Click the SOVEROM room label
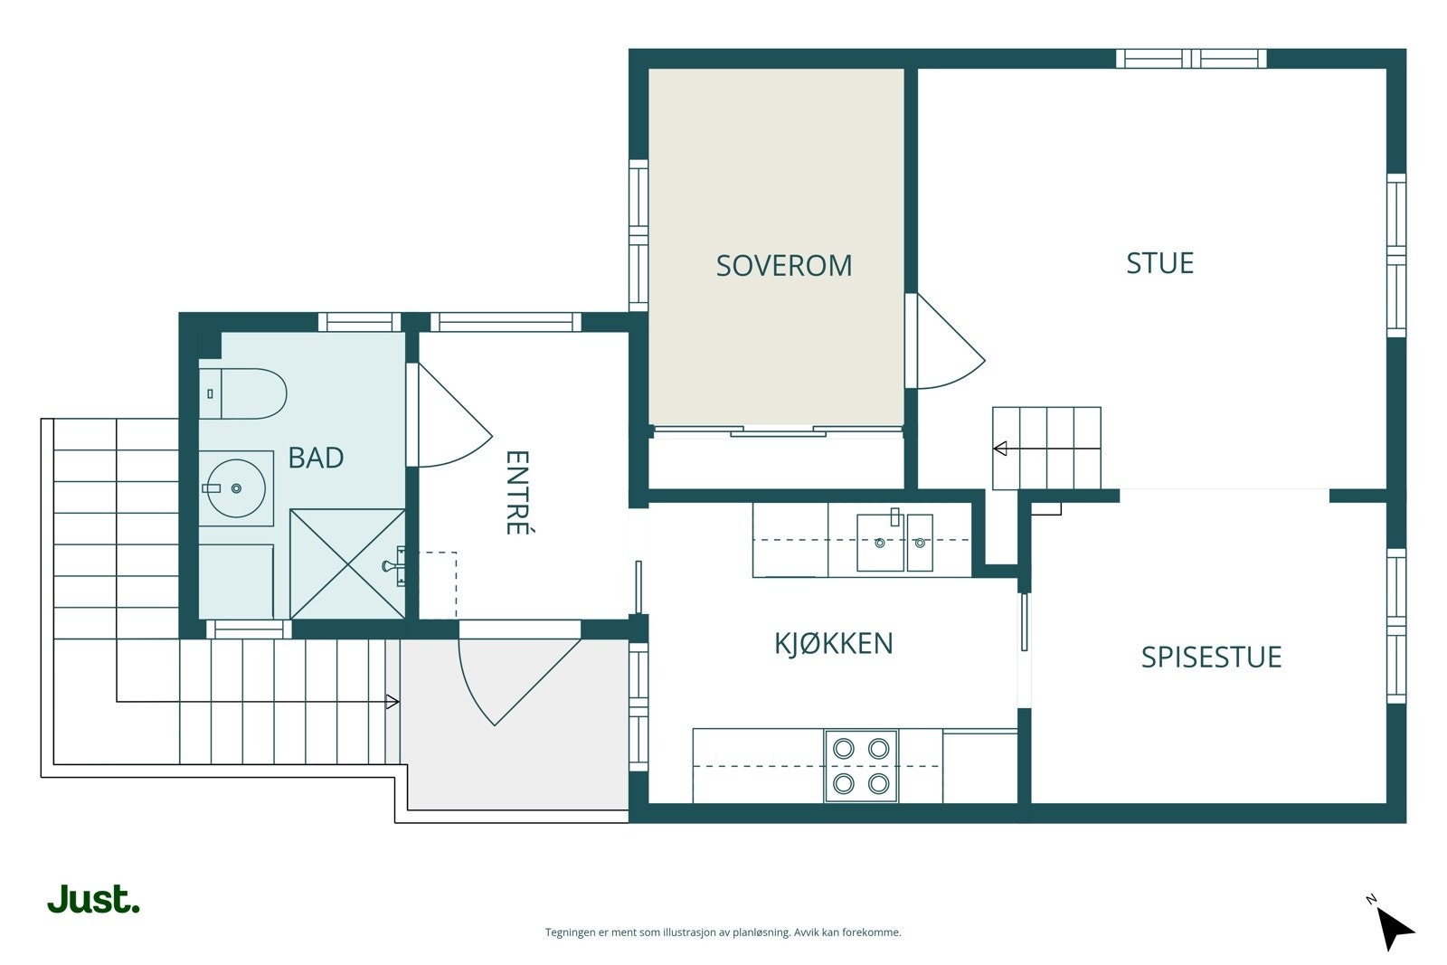tap(783, 266)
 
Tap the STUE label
tap(1159, 263)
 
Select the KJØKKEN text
tap(833, 643)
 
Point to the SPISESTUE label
tap(1211, 657)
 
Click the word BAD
tap(316, 458)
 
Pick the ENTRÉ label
tap(516, 492)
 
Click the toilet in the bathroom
tap(243, 393)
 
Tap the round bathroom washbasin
tap(236, 488)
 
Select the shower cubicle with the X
tap(347, 564)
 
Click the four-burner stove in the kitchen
tap(860, 766)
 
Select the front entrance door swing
tap(519, 682)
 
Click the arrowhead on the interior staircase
tap(1000, 449)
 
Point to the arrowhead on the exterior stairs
tap(392, 702)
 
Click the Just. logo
tap(94, 899)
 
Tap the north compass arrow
tap(1395, 929)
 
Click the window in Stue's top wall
tap(1191, 58)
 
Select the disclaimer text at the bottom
tap(723, 932)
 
